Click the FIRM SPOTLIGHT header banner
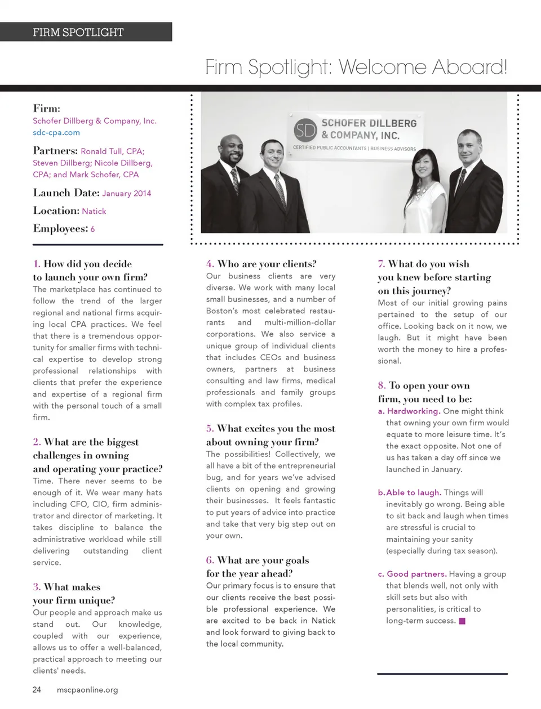click(x=86, y=32)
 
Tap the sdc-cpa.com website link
click(x=56, y=133)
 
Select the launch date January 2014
click(x=127, y=194)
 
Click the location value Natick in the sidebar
click(x=94, y=212)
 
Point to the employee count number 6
click(x=92, y=230)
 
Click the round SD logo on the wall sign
click(x=306, y=131)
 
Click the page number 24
click(x=37, y=690)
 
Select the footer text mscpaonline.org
click(x=87, y=690)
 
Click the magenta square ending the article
click(x=462, y=621)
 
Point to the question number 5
click(x=210, y=429)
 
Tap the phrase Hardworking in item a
click(x=413, y=411)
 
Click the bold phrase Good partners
click(x=416, y=574)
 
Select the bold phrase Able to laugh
click(x=414, y=492)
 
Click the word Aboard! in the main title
click(x=469, y=68)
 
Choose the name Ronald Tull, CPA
click(x=113, y=151)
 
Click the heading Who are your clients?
click(x=267, y=264)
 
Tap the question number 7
click(x=381, y=264)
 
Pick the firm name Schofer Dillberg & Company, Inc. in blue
click(x=95, y=121)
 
